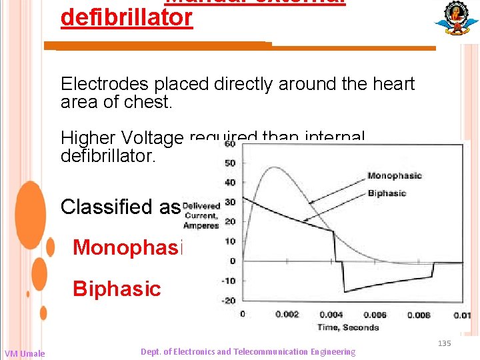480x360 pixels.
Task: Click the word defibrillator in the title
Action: [126, 17]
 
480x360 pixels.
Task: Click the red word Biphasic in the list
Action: [117, 289]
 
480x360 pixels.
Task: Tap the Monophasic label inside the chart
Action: [394, 176]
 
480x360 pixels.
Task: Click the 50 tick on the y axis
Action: [230, 163]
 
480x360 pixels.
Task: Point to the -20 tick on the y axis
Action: [228, 300]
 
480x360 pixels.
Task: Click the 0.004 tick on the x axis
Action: [332, 314]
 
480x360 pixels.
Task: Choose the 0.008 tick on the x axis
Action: [418, 314]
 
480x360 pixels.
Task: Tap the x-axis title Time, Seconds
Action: [349, 327]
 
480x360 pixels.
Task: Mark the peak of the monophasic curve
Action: [272, 167]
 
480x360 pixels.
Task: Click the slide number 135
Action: [444, 343]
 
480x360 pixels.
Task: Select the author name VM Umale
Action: [25, 353]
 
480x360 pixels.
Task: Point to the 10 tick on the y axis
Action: [230, 241]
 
